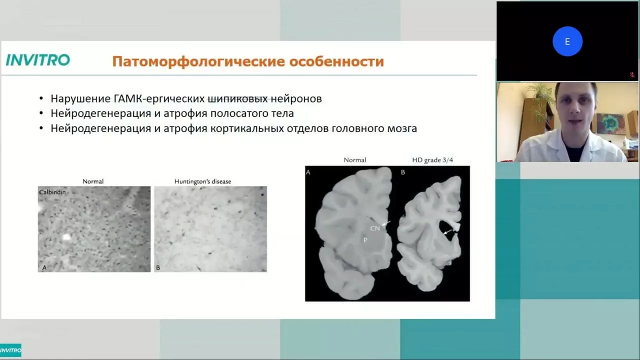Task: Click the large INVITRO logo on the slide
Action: [37, 59]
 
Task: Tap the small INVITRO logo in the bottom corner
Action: [10, 350]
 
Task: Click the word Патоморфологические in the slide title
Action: [198, 61]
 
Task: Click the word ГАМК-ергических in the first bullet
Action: [159, 98]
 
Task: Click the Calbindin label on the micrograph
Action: [52, 192]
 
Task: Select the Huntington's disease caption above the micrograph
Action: [202, 181]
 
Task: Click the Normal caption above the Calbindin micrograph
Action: [93, 181]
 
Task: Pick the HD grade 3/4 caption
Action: [432, 160]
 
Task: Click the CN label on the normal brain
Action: [375, 228]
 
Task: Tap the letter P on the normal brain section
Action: [365, 240]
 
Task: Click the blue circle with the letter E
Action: [567, 41]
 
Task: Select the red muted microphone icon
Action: [632, 75]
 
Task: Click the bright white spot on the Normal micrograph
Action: [66, 237]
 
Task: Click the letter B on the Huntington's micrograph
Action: [158, 267]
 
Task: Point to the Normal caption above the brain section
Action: [355, 160]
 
